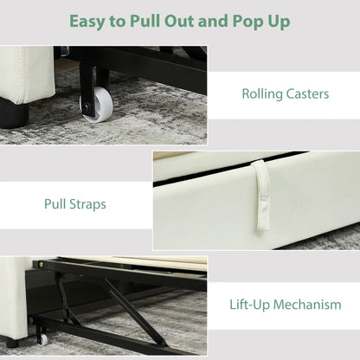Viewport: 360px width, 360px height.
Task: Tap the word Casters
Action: coord(307,94)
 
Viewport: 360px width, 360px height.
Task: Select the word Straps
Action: coord(87,204)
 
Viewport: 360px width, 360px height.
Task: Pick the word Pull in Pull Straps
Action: coord(55,204)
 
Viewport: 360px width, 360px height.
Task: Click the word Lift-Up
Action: coord(250,305)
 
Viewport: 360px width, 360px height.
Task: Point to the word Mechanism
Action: coord(307,305)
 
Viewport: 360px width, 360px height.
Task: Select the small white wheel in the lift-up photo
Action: coord(43,340)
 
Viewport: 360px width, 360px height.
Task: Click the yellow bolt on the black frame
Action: coord(42,263)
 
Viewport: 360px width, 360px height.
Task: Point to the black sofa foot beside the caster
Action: coord(14,114)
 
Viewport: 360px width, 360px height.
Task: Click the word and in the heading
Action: coord(213,21)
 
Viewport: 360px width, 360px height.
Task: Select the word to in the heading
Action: coord(117,22)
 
